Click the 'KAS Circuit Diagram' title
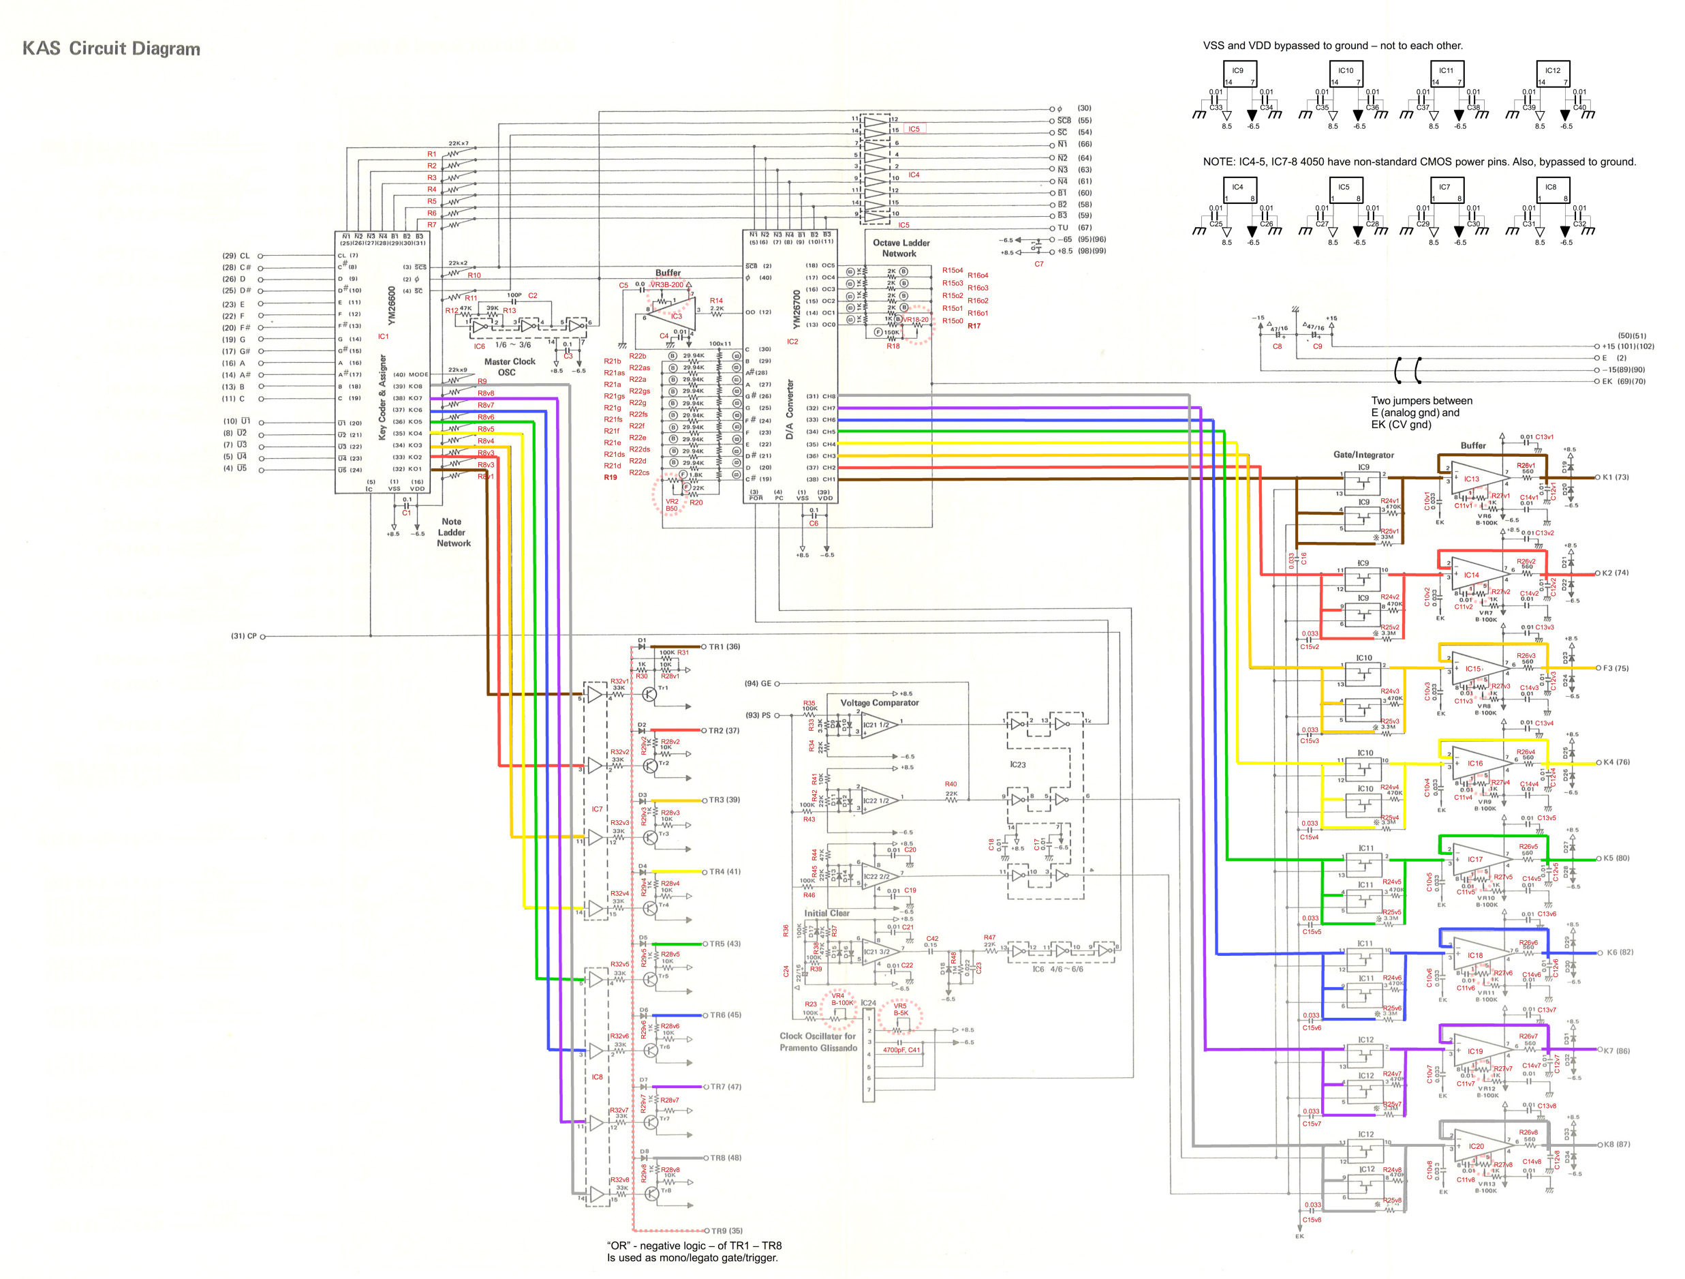(x=111, y=49)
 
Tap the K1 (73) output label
(x=1615, y=477)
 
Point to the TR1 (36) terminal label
(x=724, y=646)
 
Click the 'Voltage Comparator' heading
(x=879, y=703)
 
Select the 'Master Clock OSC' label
(x=509, y=367)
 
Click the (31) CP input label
(x=244, y=635)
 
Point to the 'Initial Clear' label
(x=826, y=912)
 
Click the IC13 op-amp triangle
(x=1474, y=479)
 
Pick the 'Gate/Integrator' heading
(x=1363, y=454)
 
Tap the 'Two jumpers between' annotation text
(x=1421, y=401)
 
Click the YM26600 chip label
(x=392, y=305)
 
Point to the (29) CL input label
(x=236, y=256)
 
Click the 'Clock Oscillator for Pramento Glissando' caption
(x=818, y=1042)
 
